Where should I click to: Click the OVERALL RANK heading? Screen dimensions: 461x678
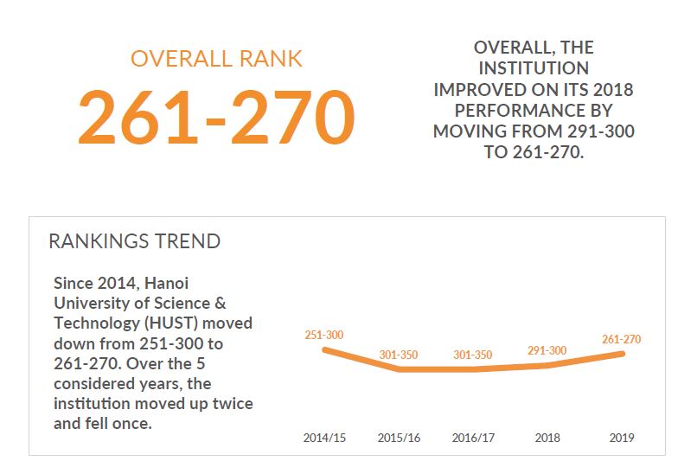[x=216, y=58]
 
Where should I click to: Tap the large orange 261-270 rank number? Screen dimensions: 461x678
[x=216, y=117]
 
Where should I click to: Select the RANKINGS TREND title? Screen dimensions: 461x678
[x=134, y=240]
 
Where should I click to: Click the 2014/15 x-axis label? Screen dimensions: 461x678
[x=324, y=438]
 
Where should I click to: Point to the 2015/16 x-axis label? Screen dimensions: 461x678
[x=399, y=438]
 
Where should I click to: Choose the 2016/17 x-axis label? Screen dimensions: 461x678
[x=473, y=438]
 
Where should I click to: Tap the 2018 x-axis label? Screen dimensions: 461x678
[x=547, y=438]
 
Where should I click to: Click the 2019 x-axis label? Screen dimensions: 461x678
[x=621, y=438]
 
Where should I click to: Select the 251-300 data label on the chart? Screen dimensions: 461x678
[x=324, y=335]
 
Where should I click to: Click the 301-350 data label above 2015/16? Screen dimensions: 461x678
[x=399, y=355]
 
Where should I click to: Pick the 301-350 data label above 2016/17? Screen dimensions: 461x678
[x=473, y=355]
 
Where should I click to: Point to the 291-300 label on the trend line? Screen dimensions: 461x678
[x=547, y=350]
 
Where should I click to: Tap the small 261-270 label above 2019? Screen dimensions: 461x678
[x=621, y=339]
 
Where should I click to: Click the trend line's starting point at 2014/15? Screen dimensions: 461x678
[x=324, y=349]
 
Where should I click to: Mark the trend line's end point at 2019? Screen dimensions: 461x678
[x=622, y=354]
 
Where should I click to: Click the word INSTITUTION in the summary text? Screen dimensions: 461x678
[x=534, y=67]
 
